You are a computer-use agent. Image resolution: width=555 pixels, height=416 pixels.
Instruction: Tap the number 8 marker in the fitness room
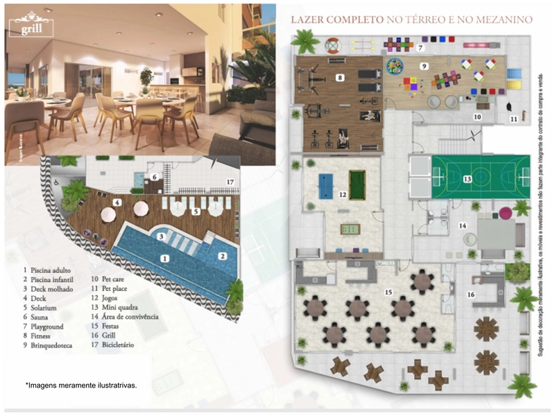coord(339,78)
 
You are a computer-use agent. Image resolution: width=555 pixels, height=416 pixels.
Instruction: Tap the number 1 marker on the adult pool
coord(164,259)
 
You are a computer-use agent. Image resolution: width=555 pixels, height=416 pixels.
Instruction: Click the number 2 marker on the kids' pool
coord(223,256)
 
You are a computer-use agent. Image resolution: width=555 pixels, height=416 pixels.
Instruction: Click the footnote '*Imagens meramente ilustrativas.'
coord(82,385)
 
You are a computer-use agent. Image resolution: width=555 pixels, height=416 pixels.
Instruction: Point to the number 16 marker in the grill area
coord(471,295)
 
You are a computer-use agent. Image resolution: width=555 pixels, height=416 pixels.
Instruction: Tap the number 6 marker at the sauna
coord(156,177)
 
